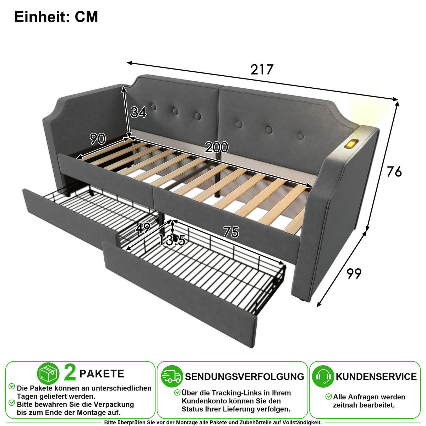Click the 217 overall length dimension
(262, 70)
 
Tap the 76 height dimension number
(394, 171)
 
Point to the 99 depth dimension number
(354, 274)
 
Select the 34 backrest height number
(138, 112)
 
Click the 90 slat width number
(98, 139)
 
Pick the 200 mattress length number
(217, 147)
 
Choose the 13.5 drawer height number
(172, 241)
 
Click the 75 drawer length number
(231, 232)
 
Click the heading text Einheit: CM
(56, 17)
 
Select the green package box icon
(48, 373)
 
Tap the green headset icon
(323, 377)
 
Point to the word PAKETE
(102, 374)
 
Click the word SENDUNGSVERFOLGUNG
(245, 377)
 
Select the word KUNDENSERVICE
(376, 377)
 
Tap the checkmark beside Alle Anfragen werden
(329, 397)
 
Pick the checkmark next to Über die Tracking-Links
(177, 392)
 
